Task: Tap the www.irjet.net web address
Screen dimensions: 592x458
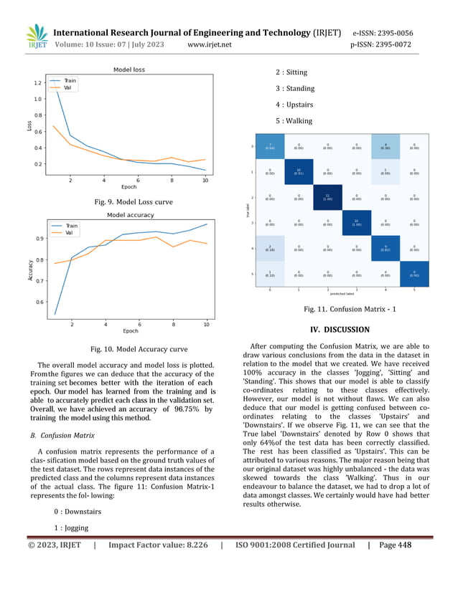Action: click(209, 45)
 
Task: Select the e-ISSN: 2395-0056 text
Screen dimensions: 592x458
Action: click(382, 33)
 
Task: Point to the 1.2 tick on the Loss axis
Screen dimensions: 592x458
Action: click(37, 83)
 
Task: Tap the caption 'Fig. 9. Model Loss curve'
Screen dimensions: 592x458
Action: click(134, 202)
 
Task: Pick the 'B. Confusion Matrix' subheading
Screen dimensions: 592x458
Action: click(62, 435)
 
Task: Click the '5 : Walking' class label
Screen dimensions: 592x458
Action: click(294, 121)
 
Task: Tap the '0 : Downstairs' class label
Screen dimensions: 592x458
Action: click(77, 512)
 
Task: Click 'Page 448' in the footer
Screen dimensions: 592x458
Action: click(395, 545)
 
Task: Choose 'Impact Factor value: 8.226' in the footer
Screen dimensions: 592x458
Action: click(158, 545)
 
